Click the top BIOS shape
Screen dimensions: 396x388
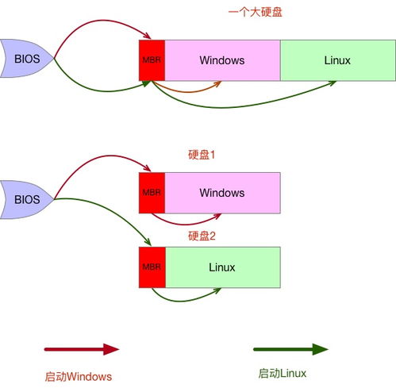(x=26, y=59)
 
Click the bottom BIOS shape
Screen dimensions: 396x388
(x=26, y=199)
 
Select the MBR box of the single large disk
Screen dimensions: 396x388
(x=152, y=60)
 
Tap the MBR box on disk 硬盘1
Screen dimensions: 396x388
(x=152, y=193)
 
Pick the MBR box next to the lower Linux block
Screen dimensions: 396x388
(x=152, y=267)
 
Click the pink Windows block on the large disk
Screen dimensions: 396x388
(x=222, y=60)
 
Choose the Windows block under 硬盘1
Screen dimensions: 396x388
(x=222, y=193)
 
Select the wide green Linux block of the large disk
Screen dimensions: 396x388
(x=338, y=60)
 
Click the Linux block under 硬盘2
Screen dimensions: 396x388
(x=223, y=267)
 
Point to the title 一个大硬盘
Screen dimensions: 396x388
(x=256, y=12)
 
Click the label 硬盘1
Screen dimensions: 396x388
(x=202, y=155)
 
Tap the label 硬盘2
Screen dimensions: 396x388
(x=202, y=236)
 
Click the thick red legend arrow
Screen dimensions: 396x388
(x=82, y=349)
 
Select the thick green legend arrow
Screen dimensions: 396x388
(x=290, y=349)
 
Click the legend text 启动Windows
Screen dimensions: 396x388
(x=79, y=377)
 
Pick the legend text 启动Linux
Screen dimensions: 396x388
(x=283, y=374)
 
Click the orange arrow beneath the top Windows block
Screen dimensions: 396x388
(x=186, y=92)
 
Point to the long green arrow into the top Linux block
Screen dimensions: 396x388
(x=233, y=107)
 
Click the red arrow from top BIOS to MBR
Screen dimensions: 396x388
(x=102, y=20)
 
